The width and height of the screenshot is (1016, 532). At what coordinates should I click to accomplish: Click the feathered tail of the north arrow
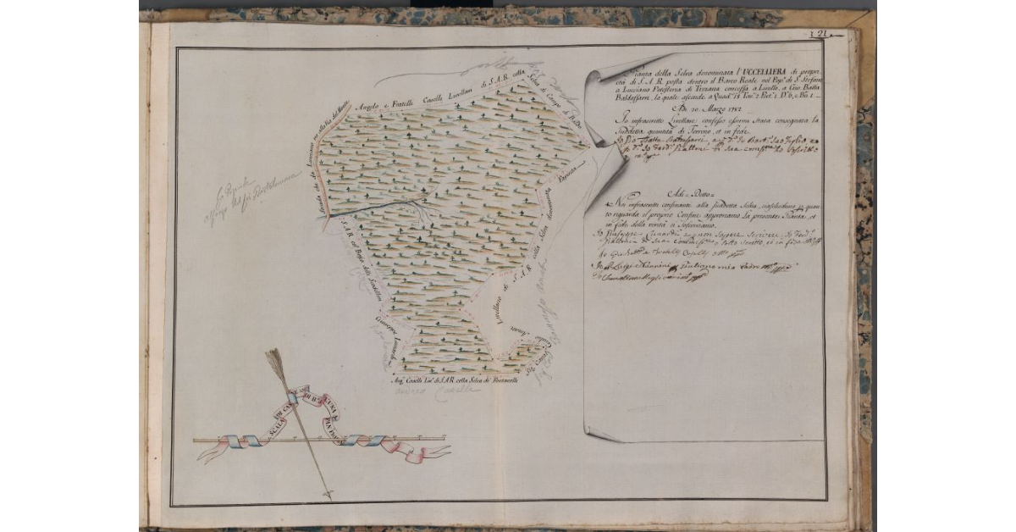click(275, 361)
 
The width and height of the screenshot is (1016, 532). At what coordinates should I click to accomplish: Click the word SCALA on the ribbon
click(262, 422)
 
